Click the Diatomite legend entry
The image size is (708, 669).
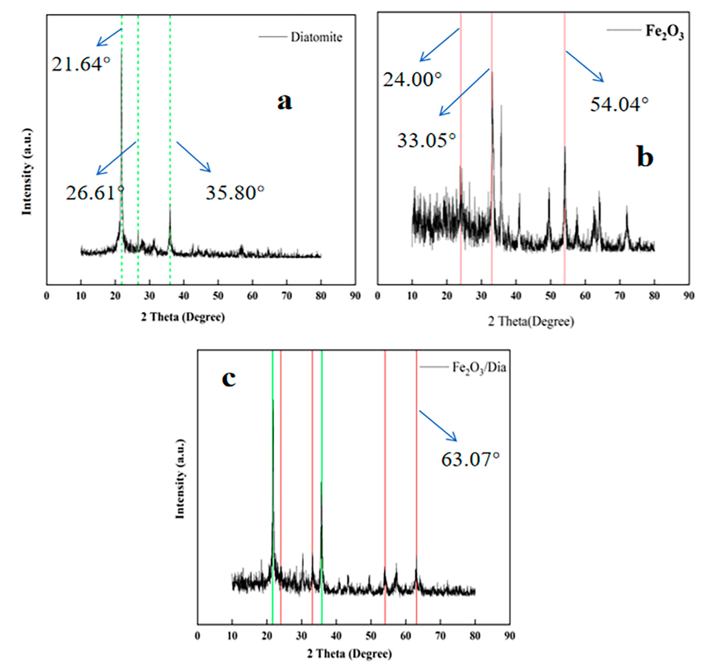(316, 37)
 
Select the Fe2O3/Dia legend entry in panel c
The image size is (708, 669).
(479, 368)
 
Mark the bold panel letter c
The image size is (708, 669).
(229, 379)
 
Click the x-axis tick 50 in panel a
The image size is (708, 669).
(218, 296)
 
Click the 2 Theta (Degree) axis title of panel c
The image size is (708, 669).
(349, 654)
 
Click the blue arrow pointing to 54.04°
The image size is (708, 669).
(585, 67)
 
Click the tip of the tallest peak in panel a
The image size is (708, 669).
(122, 50)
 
